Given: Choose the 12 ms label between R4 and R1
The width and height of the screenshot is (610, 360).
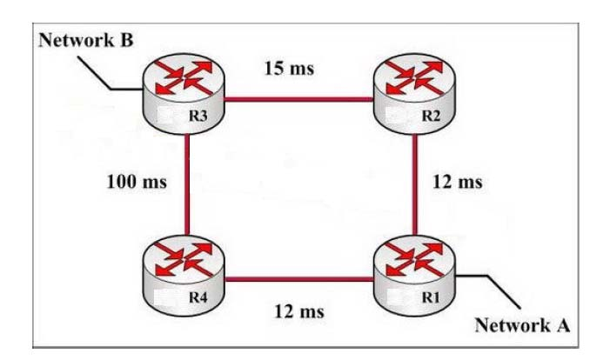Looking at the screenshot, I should click(294, 310).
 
